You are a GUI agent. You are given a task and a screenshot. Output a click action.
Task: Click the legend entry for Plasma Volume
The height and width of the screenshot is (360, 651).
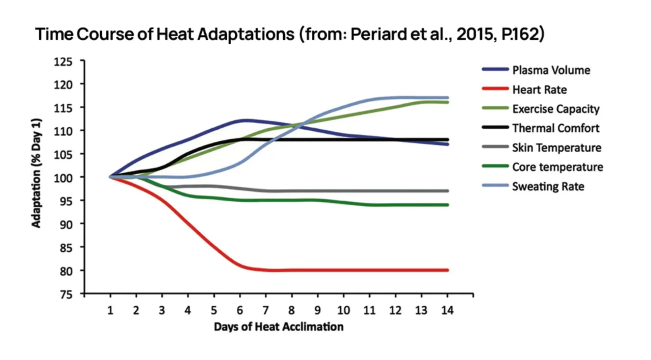[x=551, y=70]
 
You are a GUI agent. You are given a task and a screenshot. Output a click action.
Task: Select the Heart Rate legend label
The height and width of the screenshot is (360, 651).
[x=539, y=89]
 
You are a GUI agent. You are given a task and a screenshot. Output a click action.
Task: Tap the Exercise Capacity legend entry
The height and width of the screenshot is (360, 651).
[x=555, y=109]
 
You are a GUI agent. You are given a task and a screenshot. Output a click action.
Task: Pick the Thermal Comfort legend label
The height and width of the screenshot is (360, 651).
[x=555, y=128]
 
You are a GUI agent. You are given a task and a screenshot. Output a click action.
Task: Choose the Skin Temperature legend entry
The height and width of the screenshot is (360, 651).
[x=556, y=148]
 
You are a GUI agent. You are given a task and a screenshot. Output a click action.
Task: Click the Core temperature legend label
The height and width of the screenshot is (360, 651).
[x=557, y=167]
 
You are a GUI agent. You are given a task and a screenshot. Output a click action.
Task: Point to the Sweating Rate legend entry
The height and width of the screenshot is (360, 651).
[x=548, y=186]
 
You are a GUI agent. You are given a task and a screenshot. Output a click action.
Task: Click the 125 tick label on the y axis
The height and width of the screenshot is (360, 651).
[x=63, y=62]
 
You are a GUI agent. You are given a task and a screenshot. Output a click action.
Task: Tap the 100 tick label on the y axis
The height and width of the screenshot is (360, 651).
[x=63, y=178]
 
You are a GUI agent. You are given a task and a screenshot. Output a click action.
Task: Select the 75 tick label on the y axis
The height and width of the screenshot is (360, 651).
[x=66, y=294]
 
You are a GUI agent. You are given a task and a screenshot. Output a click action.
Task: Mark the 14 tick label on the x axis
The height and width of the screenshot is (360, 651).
[x=447, y=310]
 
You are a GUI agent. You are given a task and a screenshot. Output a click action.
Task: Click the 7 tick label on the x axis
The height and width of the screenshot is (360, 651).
[x=266, y=310]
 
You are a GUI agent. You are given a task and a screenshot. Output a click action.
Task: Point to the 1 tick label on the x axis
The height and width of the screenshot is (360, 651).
[x=110, y=310]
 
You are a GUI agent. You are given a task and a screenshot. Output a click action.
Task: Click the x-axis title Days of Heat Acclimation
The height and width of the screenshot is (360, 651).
[x=279, y=327]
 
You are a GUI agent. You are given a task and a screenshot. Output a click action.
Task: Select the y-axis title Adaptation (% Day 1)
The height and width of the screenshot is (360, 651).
[x=36, y=173]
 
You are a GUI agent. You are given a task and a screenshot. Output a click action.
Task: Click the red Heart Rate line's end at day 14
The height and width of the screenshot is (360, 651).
[x=447, y=270]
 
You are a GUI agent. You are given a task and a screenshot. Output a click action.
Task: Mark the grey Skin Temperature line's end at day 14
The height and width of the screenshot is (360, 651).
[x=447, y=191]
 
